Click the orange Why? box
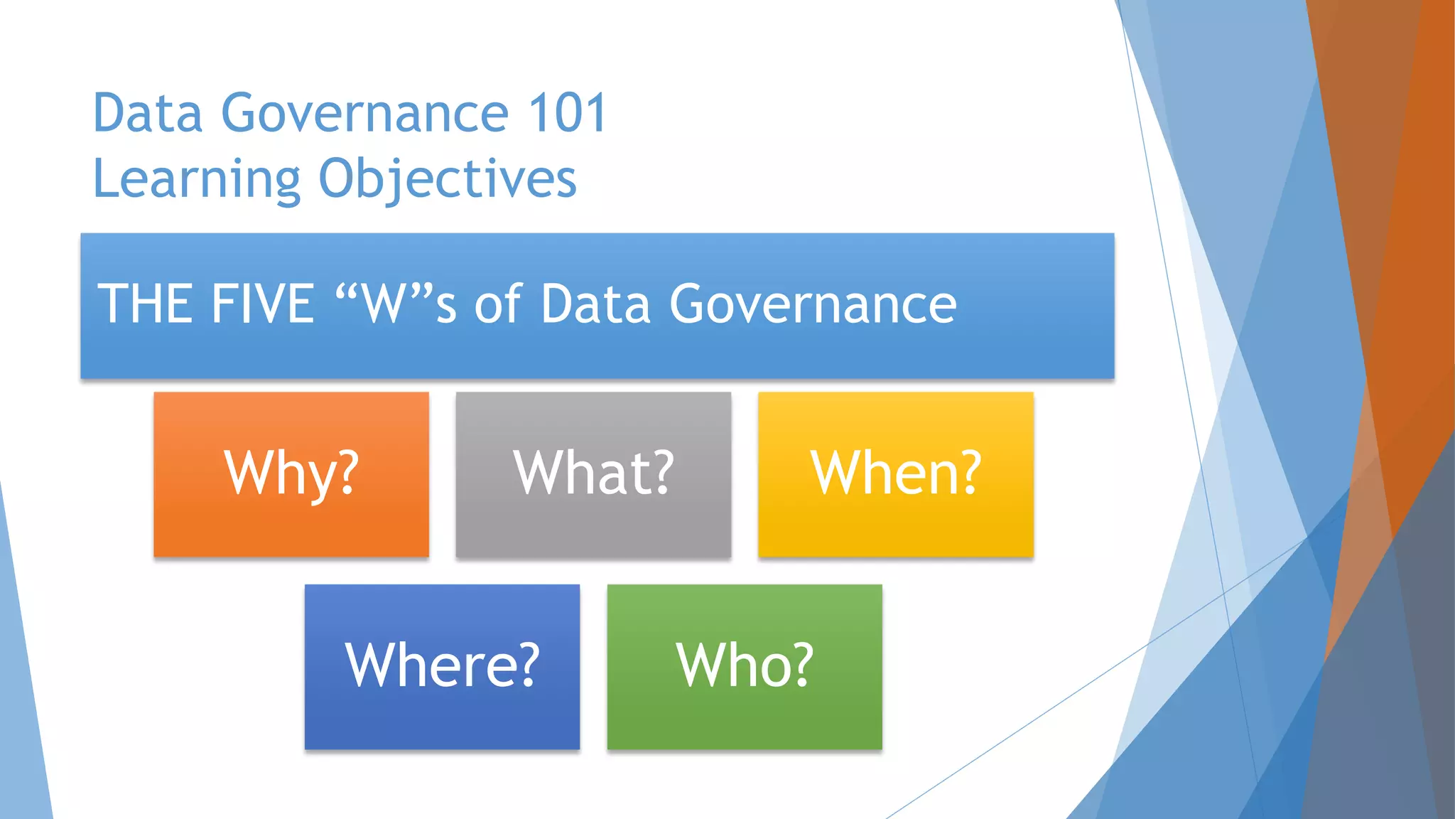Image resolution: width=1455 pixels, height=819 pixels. point(291,475)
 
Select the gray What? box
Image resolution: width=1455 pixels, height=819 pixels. point(593,475)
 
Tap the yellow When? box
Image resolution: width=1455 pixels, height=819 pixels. point(895,475)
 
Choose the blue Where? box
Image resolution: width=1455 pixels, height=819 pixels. point(442,667)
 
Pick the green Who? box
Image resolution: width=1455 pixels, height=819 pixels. point(745,667)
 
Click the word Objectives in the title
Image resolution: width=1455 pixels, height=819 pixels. point(447,179)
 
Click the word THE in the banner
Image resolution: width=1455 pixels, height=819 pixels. point(146,304)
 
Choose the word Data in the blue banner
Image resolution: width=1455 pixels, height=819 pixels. point(595,304)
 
